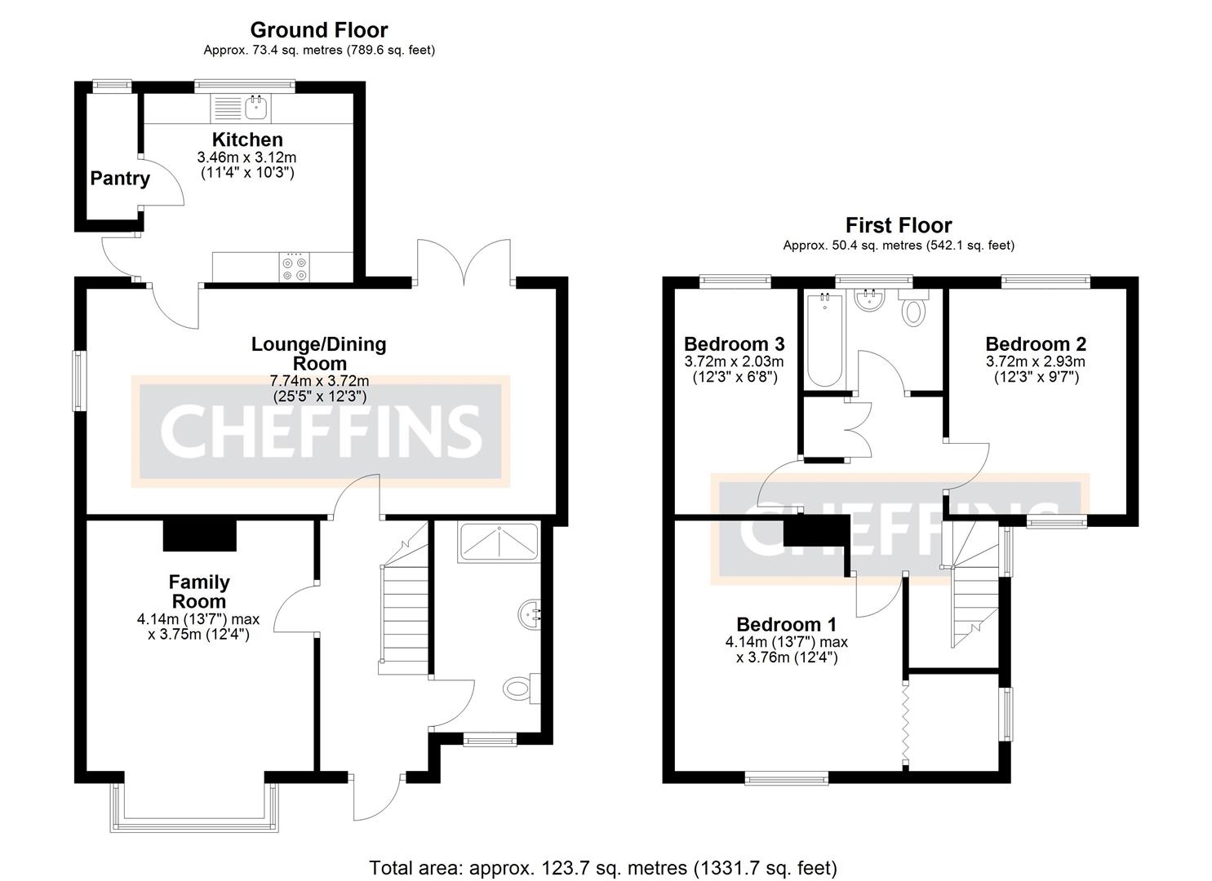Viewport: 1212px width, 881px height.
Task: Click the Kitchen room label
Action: (247, 139)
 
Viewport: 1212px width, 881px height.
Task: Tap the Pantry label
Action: (120, 179)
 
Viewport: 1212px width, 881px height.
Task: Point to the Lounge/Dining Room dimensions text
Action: (319, 388)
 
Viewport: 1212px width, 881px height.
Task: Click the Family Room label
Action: (198, 591)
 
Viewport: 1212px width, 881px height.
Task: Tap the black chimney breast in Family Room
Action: (200, 535)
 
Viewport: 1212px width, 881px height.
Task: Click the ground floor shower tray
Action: (498, 542)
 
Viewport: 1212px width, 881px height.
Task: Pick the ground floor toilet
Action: (520, 688)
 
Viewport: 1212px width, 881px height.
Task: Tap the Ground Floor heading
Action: (318, 30)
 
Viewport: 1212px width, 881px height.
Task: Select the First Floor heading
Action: (898, 225)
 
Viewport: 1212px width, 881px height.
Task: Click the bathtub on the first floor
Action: (824, 340)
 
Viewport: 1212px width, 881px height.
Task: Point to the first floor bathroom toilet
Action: (913, 310)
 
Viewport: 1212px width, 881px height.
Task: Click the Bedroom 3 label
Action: (734, 343)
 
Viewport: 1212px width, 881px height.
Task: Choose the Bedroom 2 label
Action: (1035, 343)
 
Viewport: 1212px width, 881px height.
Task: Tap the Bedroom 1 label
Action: (786, 625)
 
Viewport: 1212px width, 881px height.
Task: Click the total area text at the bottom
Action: (603, 867)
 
